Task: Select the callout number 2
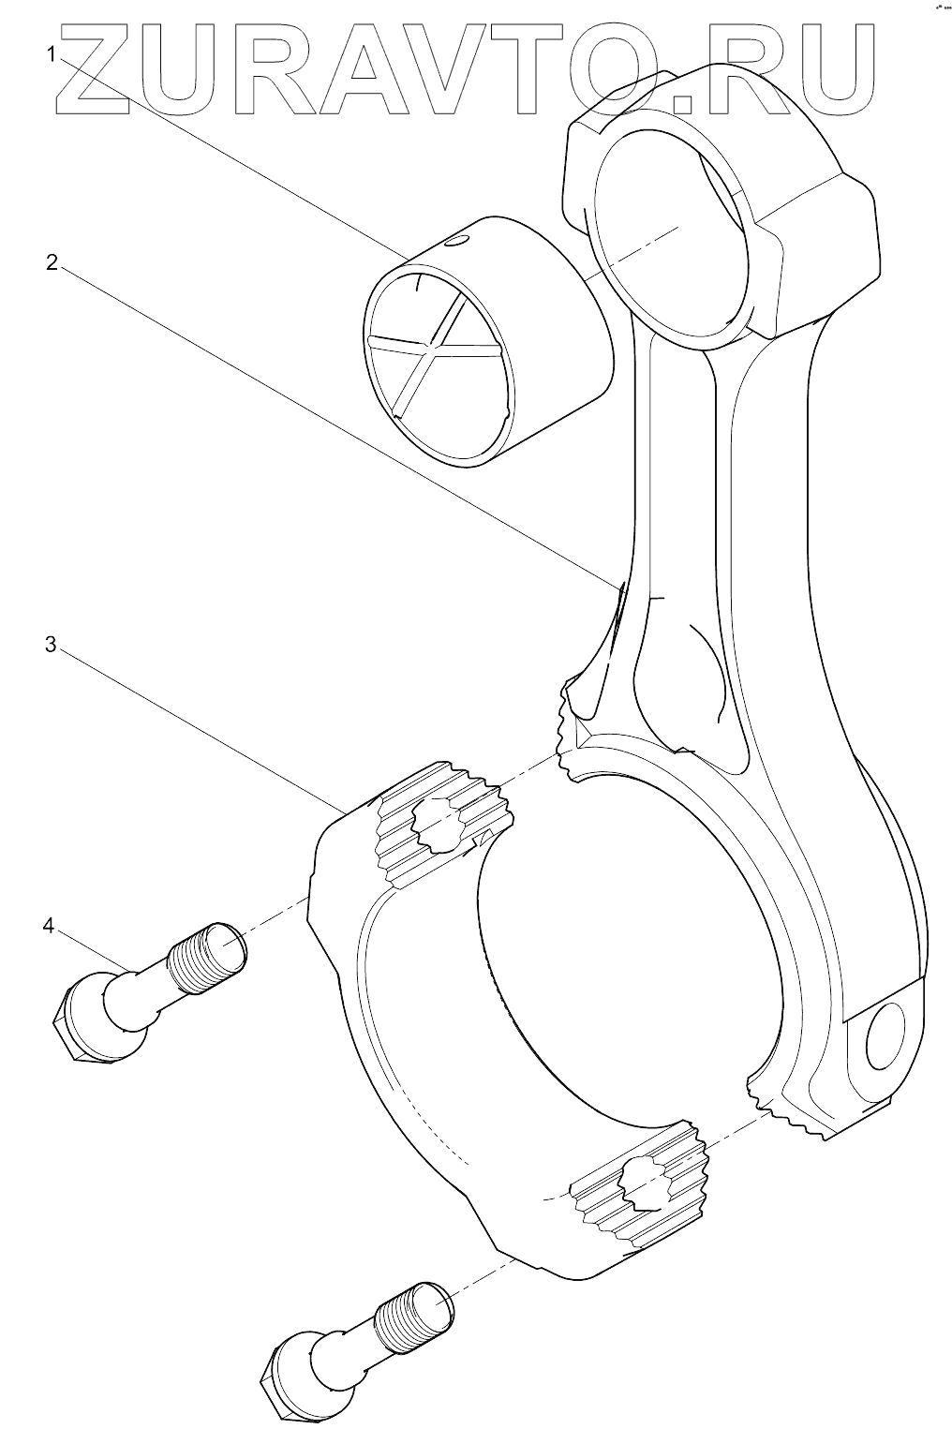click(53, 262)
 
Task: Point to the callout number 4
click(49, 926)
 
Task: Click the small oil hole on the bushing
click(455, 243)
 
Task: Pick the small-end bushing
click(487, 347)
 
